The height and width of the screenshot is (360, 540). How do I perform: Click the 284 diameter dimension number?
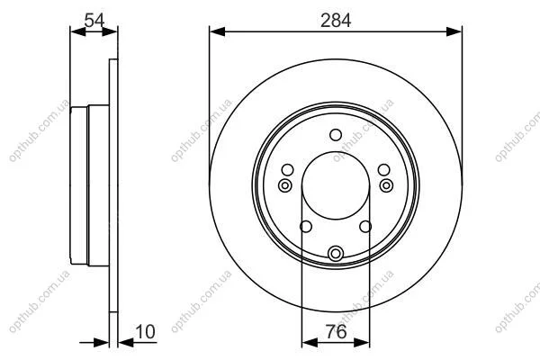click(x=336, y=21)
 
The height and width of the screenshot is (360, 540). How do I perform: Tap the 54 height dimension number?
click(x=94, y=21)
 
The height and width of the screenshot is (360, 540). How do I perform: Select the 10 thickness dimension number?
click(x=145, y=332)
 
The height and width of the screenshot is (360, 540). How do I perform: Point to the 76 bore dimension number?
click(x=336, y=332)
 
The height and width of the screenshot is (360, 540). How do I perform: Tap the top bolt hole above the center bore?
click(x=336, y=135)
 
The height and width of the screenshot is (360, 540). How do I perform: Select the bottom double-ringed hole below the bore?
click(x=336, y=254)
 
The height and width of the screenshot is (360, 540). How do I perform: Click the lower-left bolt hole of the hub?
click(x=306, y=227)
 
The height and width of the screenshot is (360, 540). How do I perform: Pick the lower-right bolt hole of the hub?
click(x=365, y=227)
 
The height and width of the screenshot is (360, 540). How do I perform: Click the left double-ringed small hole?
click(x=284, y=185)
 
